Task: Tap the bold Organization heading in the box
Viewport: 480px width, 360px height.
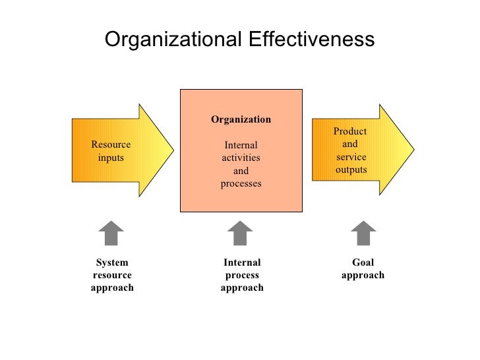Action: click(x=241, y=119)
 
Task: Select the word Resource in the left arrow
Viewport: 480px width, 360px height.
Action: click(x=111, y=145)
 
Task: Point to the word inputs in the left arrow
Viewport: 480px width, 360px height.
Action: click(x=111, y=158)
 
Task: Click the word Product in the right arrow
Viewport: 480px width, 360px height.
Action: click(x=350, y=132)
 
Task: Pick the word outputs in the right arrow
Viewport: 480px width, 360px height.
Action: click(x=351, y=169)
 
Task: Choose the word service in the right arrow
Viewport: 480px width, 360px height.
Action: click(x=351, y=157)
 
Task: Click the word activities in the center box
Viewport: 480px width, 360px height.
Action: click(x=241, y=158)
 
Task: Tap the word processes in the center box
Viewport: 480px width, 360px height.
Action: click(x=241, y=183)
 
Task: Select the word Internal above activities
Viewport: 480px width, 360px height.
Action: click(x=241, y=145)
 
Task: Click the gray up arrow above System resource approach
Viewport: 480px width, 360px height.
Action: click(x=111, y=233)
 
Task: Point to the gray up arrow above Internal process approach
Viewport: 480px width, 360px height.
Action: click(x=240, y=233)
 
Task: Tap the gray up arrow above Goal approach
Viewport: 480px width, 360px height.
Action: click(x=363, y=233)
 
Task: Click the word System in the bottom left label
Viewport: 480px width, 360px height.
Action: click(x=111, y=262)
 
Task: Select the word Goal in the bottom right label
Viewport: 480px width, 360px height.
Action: click(x=363, y=262)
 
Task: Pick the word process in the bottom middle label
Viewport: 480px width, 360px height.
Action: click(x=242, y=275)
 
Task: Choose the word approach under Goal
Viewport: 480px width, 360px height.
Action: click(x=363, y=275)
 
